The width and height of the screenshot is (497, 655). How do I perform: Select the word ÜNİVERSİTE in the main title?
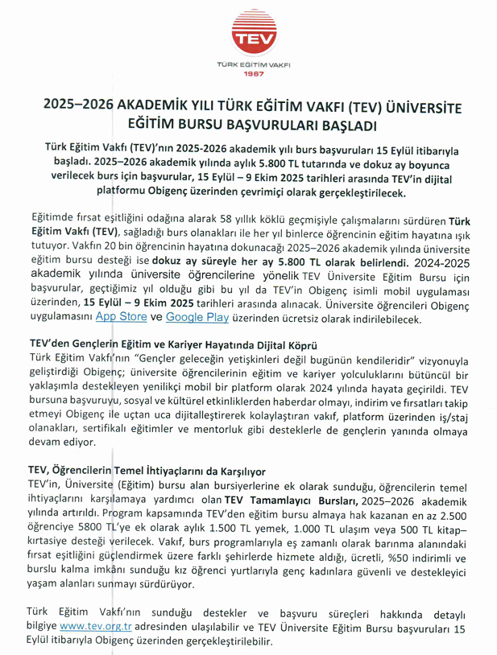point(416,105)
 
